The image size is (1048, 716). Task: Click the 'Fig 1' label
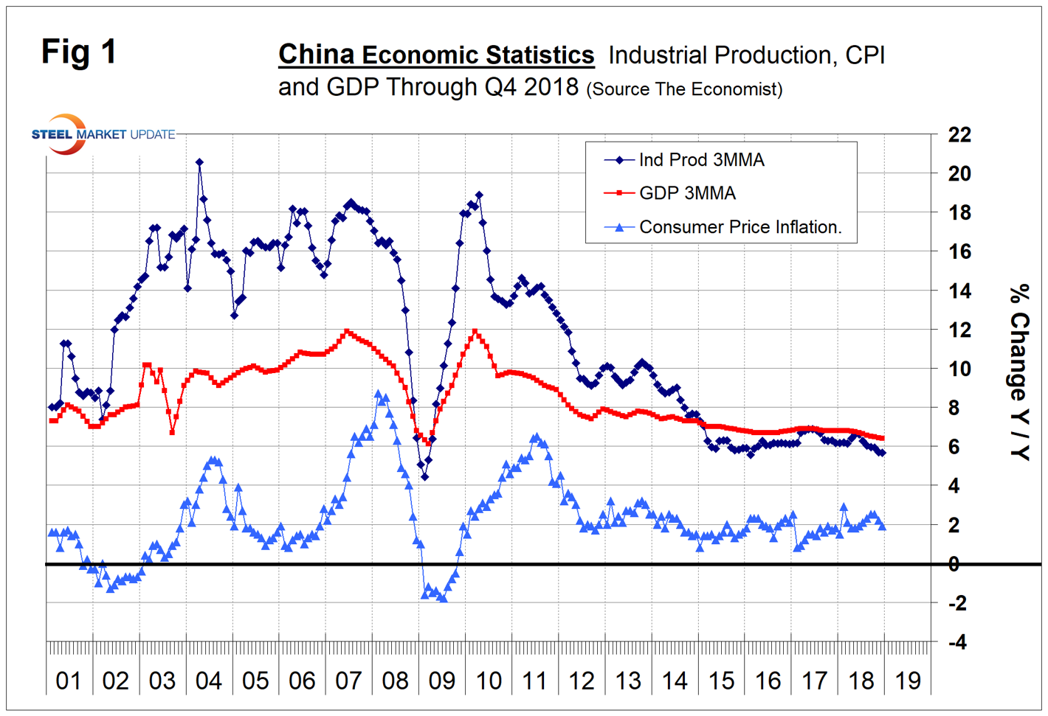(78, 52)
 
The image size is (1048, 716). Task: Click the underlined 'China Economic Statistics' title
(435, 55)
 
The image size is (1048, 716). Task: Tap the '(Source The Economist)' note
(684, 89)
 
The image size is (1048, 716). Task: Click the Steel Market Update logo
(103, 134)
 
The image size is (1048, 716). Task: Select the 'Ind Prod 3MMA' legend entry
(700, 160)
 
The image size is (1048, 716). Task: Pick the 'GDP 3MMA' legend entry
(686, 193)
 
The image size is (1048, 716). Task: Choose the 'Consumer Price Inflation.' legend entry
(740, 227)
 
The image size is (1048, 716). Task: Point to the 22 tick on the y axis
(959, 135)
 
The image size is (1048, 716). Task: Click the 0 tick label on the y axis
(954, 564)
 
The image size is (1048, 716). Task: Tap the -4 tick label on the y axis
(956, 642)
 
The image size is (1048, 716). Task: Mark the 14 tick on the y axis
(959, 291)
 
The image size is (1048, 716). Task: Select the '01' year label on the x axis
(69, 681)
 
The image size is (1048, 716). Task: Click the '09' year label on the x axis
(441, 681)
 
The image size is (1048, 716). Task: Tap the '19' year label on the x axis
(907, 681)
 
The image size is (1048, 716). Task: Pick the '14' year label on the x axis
(675, 681)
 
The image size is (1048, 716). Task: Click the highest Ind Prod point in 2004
(199, 162)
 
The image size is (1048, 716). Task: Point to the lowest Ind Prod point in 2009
(424, 476)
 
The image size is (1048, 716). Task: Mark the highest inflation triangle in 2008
(379, 394)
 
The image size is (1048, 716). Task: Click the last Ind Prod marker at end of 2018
(882, 453)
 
